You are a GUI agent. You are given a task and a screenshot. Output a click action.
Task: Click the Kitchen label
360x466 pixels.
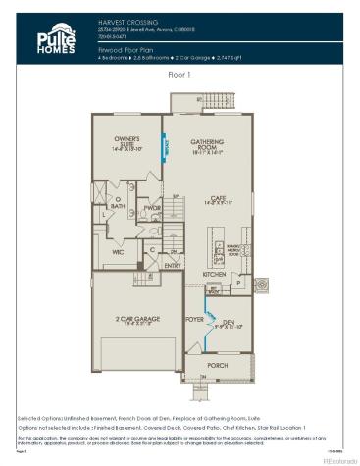pyautogui.click(x=214, y=274)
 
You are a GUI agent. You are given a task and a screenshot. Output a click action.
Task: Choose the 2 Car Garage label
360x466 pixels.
pyautogui.click(x=135, y=321)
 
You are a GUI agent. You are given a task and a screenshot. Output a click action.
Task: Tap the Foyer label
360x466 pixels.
pyautogui.click(x=194, y=318)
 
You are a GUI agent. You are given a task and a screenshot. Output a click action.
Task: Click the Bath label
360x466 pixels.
pyautogui.click(x=117, y=206)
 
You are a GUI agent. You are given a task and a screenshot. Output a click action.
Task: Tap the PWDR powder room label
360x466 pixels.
pyautogui.click(x=152, y=208)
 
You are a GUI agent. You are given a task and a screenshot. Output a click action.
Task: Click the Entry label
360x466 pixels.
pyautogui.click(x=173, y=265)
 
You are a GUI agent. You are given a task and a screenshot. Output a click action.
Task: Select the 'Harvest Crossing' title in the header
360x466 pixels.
pyautogui.click(x=123, y=19)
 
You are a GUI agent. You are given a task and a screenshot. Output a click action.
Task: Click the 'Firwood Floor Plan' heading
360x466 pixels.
pyautogui.click(x=127, y=47)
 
